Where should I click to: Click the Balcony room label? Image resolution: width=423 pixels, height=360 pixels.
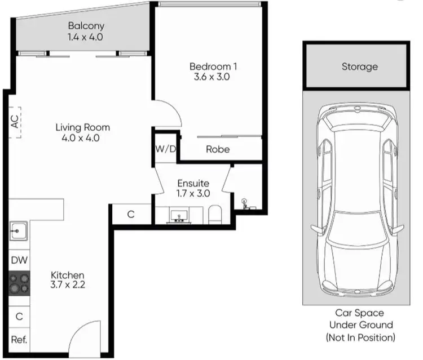pyautogui.click(x=86, y=26)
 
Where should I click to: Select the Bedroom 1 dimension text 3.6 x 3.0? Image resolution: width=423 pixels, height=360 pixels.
pyautogui.click(x=213, y=77)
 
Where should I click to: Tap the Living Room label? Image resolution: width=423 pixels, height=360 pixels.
pyautogui.click(x=82, y=127)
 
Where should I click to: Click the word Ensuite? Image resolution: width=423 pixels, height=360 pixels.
pyautogui.click(x=193, y=183)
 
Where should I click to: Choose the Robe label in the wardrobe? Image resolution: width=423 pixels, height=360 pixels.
pyautogui.click(x=217, y=149)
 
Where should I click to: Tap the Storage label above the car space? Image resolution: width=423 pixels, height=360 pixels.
pyautogui.click(x=359, y=66)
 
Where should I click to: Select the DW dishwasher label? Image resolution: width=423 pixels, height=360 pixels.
pyautogui.click(x=19, y=260)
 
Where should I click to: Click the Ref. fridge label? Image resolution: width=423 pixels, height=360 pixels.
pyautogui.click(x=19, y=340)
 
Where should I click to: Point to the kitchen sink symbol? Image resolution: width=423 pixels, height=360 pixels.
pyautogui.click(x=18, y=230)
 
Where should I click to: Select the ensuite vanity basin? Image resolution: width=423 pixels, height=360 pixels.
pyautogui.click(x=181, y=215)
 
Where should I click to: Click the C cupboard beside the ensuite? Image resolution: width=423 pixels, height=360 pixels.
pyautogui.click(x=130, y=215)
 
